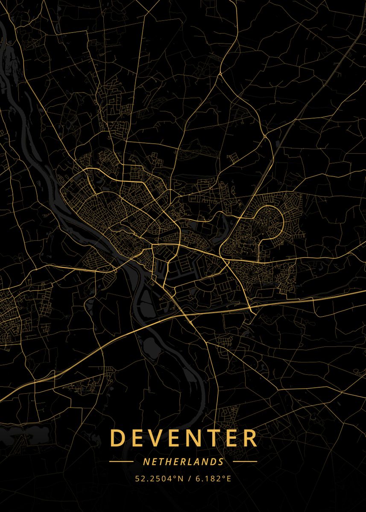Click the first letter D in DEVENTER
coord(117,438)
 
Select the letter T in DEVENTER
coord(216,438)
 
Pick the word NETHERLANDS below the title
coord(183,462)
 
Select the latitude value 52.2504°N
coord(159,479)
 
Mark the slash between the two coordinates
coord(190,479)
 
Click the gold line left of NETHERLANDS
coord(121,462)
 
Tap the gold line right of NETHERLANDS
coord(245,462)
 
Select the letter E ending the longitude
coord(228,479)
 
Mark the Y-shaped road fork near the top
coord(220,74)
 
